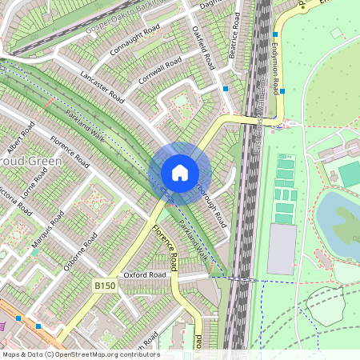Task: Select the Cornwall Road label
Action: [x=161, y=70]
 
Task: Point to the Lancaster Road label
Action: [x=102, y=86]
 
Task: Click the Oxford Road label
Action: [x=146, y=275]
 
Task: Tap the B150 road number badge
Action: [x=104, y=285]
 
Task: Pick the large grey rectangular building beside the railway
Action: [x=282, y=250]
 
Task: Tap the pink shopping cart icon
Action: [x=3, y=324]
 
